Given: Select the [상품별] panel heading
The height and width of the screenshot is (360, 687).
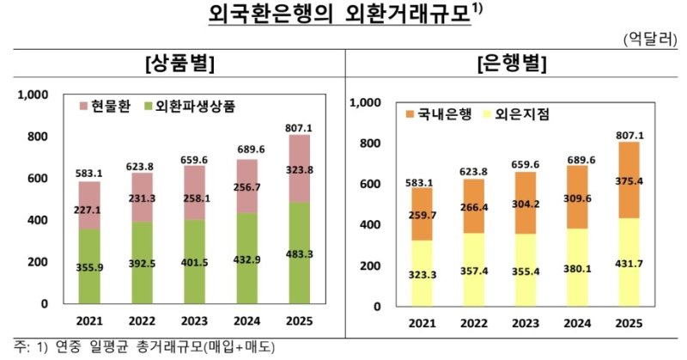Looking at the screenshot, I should point(179,64).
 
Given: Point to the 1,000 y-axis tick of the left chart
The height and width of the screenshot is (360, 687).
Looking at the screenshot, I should point(34,95).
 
